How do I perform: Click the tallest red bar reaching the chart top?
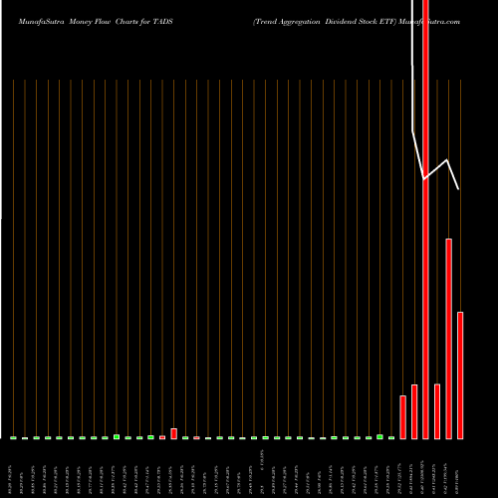426,219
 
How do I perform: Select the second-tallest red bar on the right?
449,339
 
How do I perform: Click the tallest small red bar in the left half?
173,433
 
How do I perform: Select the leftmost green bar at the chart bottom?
13,437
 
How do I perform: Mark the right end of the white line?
459,189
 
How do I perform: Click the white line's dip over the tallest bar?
425,178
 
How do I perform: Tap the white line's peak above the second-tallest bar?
448,160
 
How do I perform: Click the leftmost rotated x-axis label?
13,468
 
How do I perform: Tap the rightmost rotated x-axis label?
460,468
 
